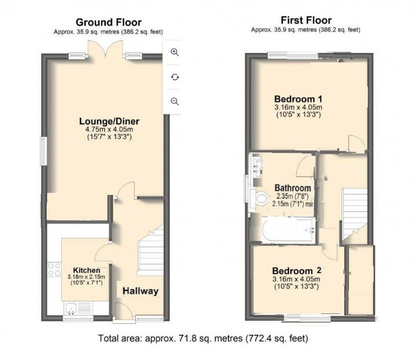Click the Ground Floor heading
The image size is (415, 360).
108,22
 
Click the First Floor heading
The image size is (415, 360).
306,20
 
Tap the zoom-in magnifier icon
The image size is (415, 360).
174,52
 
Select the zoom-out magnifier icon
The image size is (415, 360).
174,101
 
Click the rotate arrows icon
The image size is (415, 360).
174,77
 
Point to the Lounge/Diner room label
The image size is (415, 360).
109,121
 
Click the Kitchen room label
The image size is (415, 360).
86,270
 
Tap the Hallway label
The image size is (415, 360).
140,291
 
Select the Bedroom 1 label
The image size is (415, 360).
298,99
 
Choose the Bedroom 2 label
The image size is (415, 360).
297,271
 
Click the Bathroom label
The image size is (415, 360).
293,188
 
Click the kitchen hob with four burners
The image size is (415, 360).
54,269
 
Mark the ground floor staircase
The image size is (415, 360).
150,250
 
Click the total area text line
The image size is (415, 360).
203,338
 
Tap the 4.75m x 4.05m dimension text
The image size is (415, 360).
109,130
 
